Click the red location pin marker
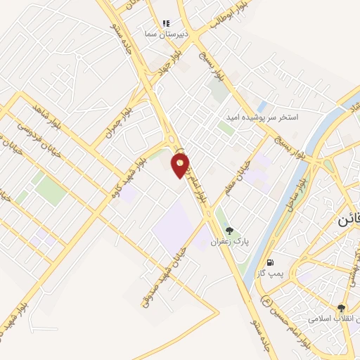point(181,165)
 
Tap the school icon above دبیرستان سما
point(167,23)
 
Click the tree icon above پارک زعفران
point(229,231)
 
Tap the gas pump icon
point(270,262)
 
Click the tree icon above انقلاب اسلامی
point(342,308)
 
